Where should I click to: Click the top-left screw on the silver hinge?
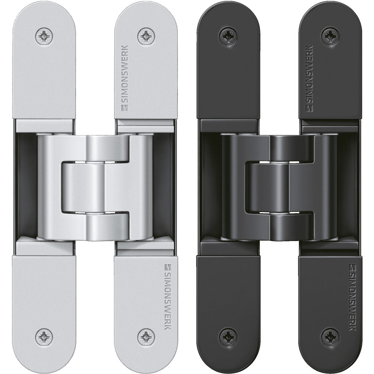click(x=44, y=37)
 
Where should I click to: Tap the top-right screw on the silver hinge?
click(x=146, y=37)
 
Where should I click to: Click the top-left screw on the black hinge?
click(x=228, y=37)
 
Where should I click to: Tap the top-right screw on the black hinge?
click(x=330, y=37)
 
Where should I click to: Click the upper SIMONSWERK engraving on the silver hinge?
click(x=125, y=78)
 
